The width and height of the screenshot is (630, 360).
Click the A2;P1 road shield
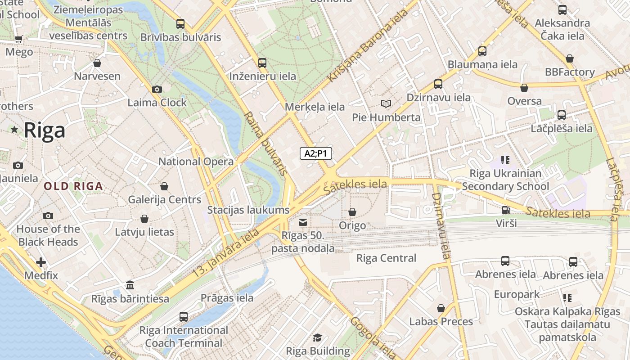click(316, 153)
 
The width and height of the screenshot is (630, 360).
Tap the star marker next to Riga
click(14, 130)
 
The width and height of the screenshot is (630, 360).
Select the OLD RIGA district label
click(73, 186)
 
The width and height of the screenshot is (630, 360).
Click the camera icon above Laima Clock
click(157, 90)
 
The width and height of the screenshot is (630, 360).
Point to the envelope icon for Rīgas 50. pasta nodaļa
click(303, 222)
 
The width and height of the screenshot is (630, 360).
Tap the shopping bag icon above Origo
click(352, 212)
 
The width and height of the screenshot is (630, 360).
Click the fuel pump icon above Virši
click(506, 210)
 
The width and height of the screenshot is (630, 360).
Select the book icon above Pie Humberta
click(386, 104)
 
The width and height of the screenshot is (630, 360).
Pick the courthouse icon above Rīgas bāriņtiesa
click(130, 285)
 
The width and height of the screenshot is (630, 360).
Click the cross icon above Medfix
click(41, 262)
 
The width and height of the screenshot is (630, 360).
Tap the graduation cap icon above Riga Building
click(318, 337)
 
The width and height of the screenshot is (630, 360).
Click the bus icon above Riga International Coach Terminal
click(184, 316)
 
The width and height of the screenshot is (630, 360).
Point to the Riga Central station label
click(386, 258)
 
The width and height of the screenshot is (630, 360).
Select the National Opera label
click(196, 162)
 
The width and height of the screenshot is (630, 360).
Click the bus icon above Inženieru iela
click(262, 63)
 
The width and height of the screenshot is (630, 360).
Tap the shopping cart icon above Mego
click(18, 39)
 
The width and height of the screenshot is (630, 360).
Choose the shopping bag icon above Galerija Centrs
click(164, 186)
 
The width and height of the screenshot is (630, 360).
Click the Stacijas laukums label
click(248, 210)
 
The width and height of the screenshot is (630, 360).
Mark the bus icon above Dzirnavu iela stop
click(438, 84)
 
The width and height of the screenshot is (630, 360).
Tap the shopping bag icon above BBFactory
click(570, 58)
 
